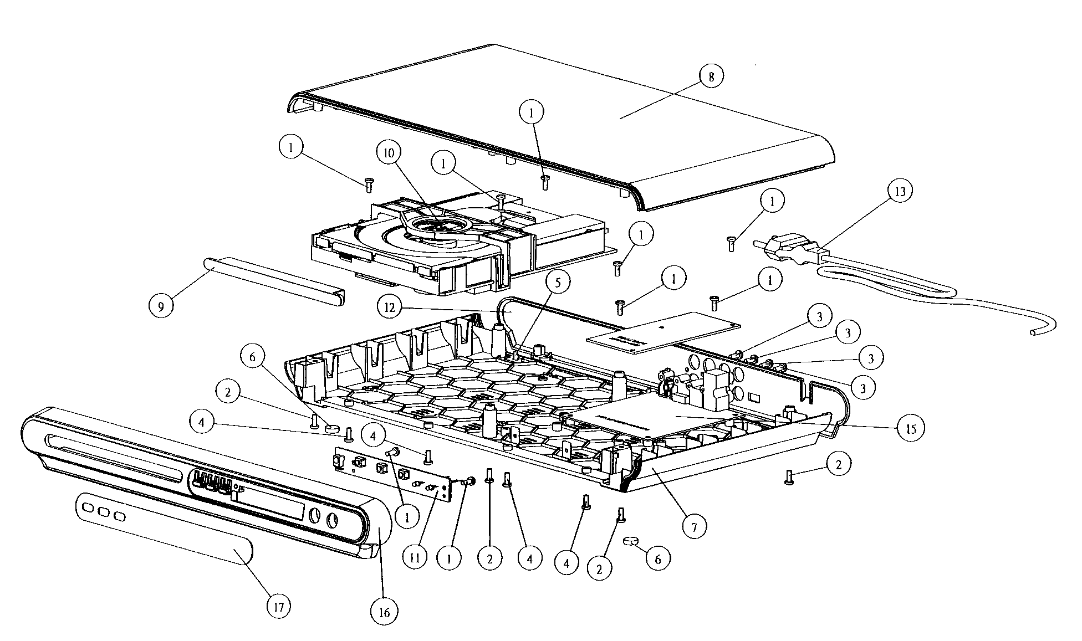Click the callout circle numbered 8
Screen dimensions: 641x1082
(711, 76)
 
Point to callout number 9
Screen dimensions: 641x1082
(161, 306)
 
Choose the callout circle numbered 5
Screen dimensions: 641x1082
(558, 282)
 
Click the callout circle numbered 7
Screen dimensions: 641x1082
(694, 526)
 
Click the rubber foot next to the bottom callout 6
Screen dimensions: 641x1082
(631, 540)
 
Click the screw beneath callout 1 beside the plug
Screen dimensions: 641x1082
(731, 244)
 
